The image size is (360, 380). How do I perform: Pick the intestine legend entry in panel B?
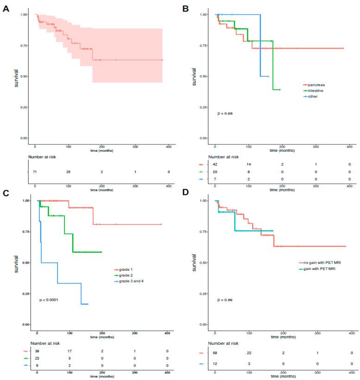(x=316, y=91)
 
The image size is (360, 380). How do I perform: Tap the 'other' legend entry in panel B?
(x=313, y=96)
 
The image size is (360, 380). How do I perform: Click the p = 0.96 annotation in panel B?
(x=225, y=113)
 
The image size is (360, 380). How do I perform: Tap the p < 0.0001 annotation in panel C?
(x=49, y=300)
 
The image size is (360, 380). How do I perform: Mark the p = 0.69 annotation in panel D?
(x=225, y=300)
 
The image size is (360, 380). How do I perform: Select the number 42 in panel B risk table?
(x=215, y=164)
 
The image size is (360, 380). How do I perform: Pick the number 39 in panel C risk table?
(x=38, y=351)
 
